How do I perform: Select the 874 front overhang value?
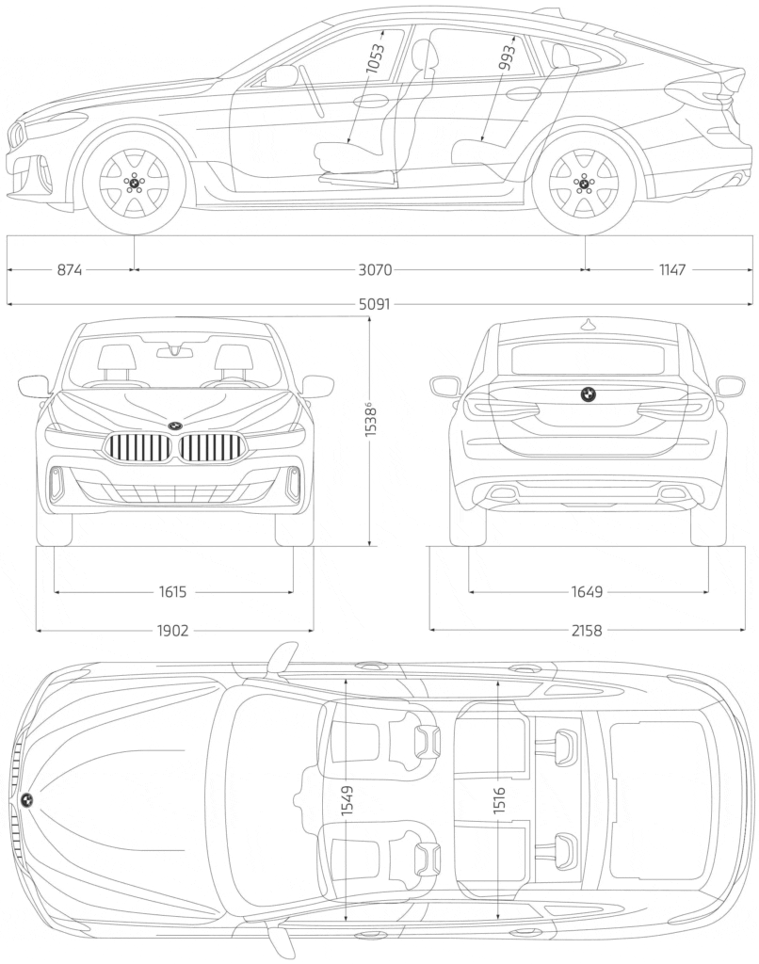pyautogui.click(x=70, y=270)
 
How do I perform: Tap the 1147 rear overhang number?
pyautogui.click(x=672, y=270)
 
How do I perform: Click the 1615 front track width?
pyautogui.click(x=173, y=592)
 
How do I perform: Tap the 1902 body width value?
pyautogui.click(x=173, y=630)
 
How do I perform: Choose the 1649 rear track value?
pyautogui.click(x=587, y=592)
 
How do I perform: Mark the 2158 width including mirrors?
pyautogui.click(x=587, y=630)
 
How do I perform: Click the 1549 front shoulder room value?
pyautogui.click(x=347, y=800)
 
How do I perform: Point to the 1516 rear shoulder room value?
pyautogui.click(x=499, y=800)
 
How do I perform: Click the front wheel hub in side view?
pyautogui.click(x=134, y=182)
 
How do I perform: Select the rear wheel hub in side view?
pyautogui.click(x=585, y=182)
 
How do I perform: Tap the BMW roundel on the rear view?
pyautogui.click(x=587, y=395)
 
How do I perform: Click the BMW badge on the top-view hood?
pyautogui.click(x=27, y=799)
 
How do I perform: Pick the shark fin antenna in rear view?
pyautogui.click(x=588, y=324)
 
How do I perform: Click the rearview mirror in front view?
pyautogui.click(x=174, y=353)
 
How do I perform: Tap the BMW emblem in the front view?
pyautogui.click(x=174, y=426)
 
